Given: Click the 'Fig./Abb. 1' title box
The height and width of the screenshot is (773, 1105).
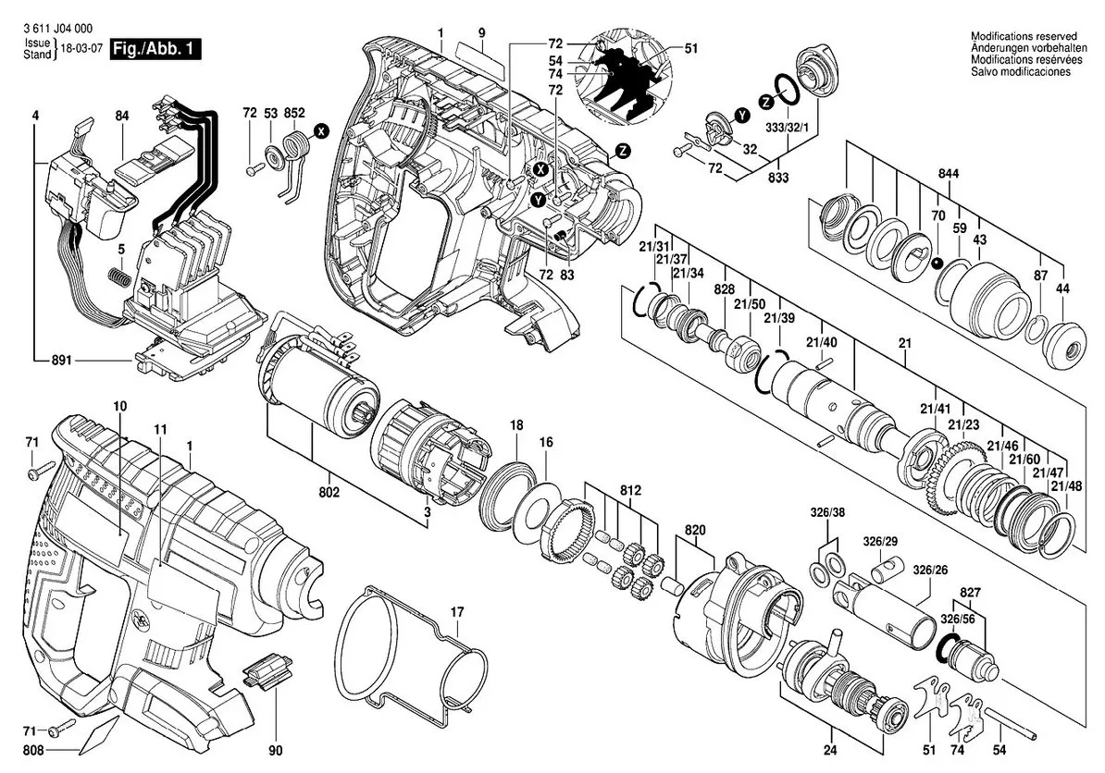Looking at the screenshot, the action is point(155,50).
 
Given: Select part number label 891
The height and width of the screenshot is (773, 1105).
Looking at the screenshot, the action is point(63,361).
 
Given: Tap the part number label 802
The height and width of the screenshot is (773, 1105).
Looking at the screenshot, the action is point(329,492).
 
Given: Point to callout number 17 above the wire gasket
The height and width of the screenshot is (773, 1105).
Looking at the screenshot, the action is point(457,612).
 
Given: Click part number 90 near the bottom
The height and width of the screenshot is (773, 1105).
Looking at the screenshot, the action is point(276,751).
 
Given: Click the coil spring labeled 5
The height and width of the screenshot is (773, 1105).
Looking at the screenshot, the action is point(120,276).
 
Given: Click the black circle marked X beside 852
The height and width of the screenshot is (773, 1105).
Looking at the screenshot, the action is point(321,131).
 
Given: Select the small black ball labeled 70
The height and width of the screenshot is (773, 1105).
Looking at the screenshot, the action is point(937,264).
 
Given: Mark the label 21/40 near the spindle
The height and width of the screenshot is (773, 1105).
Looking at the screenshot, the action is point(821,342).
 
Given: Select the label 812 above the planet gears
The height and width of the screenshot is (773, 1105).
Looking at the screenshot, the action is point(631,490).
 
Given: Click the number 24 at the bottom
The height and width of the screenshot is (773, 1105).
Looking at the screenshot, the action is point(831,751).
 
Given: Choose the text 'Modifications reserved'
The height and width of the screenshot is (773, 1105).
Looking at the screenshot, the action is point(1024,36).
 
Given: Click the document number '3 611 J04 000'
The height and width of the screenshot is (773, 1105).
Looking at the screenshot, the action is point(56,28).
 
